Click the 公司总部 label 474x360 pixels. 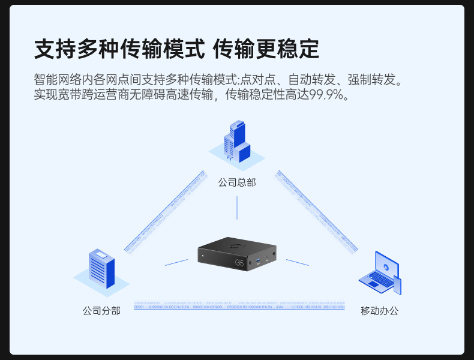click(237, 182)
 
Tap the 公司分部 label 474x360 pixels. click(101, 311)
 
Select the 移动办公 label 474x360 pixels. click(379, 311)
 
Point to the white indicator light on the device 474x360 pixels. click(203, 257)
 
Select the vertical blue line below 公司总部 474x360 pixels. click(237, 208)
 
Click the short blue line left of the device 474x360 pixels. click(176, 262)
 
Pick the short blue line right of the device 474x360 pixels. click(297, 262)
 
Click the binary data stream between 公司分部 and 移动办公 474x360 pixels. click(239, 305)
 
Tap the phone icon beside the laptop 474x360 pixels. click(397, 285)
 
